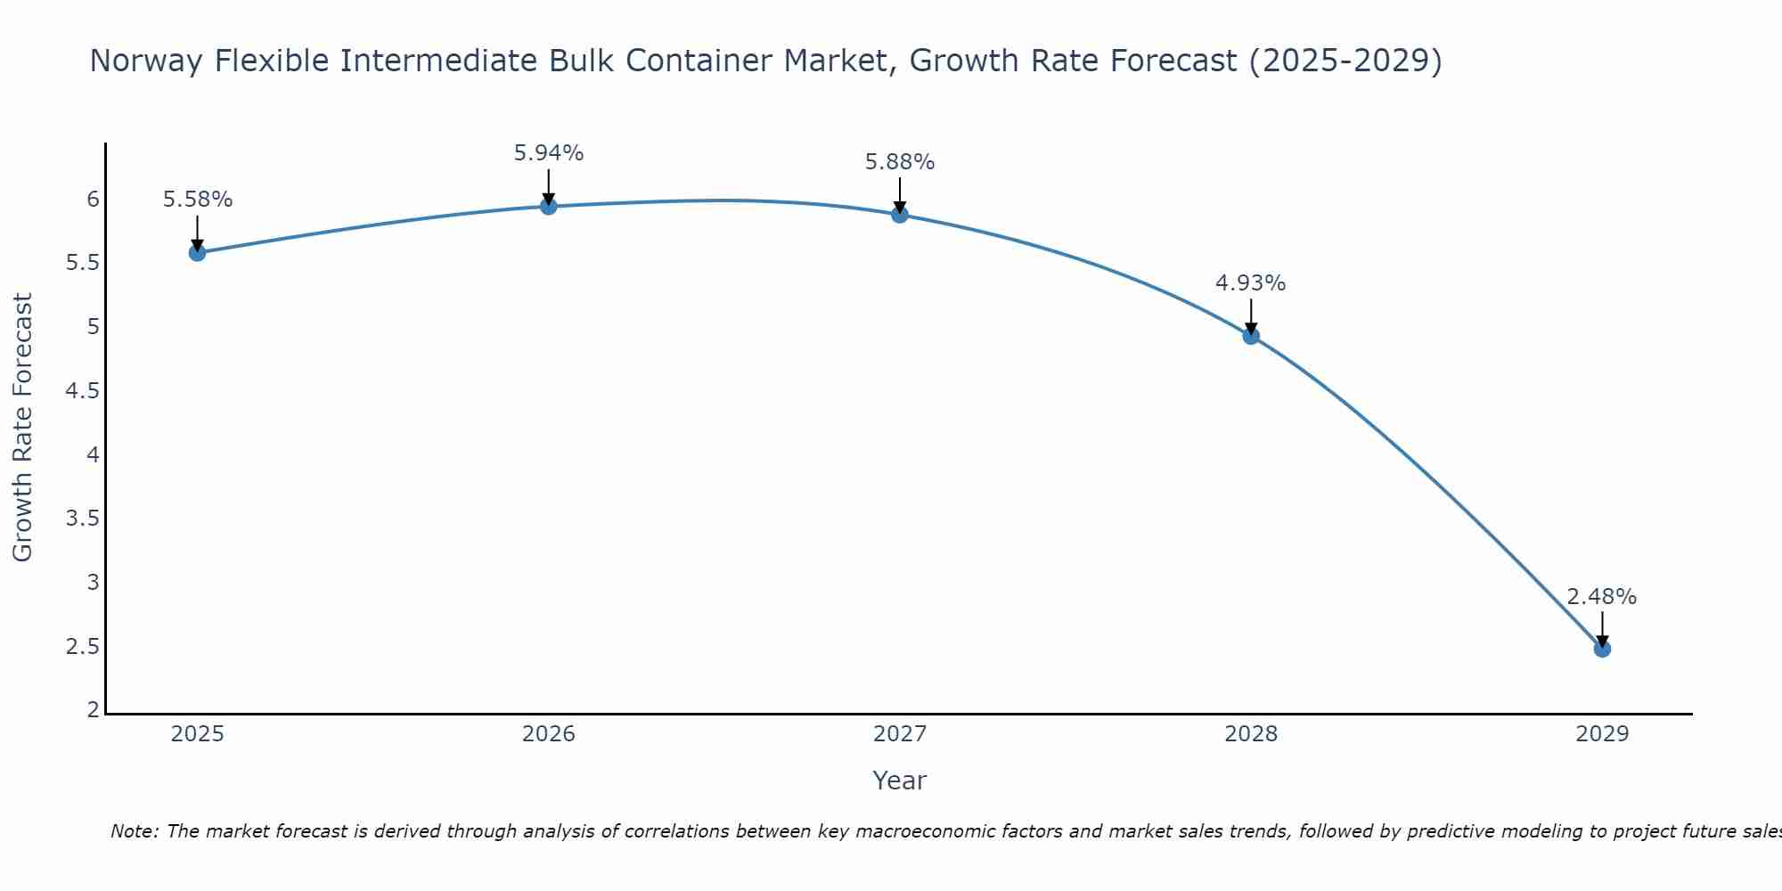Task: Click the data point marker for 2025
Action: pos(197,253)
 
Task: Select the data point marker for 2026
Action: pos(549,207)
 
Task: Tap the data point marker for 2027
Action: pos(900,215)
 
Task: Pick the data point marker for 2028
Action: pos(1251,336)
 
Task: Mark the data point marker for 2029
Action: pos(1602,649)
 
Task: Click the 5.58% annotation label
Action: pos(197,200)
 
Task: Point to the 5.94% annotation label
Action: pos(549,153)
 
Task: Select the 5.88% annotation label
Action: pos(900,162)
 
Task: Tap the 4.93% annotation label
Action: pos(1251,283)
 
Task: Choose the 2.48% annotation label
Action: pos(1602,597)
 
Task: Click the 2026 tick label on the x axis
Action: pos(549,734)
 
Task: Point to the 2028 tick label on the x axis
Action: pos(1251,734)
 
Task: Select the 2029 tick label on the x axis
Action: pos(1602,734)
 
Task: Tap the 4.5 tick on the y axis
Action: pos(82,391)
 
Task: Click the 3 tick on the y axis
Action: pos(93,583)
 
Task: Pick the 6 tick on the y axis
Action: pos(93,199)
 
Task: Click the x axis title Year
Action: pos(900,781)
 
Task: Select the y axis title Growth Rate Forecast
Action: pos(23,428)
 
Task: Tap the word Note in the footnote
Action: pos(135,831)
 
